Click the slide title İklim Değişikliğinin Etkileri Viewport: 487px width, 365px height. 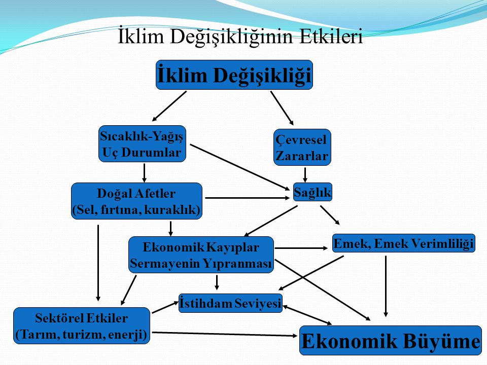(240, 37)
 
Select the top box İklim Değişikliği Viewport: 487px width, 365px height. (234, 75)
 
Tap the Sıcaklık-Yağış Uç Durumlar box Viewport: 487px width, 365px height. (142, 143)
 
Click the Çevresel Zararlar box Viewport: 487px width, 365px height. (302, 148)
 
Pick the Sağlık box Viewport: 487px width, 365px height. (312, 192)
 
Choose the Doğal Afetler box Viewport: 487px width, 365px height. (136, 201)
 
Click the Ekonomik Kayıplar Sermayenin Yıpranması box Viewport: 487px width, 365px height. (201, 255)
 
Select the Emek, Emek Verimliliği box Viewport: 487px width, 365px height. (404, 243)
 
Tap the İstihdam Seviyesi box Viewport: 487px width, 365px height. (230, 303)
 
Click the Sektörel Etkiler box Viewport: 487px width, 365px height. (82, 325)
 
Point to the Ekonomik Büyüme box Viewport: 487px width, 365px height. (391, 341)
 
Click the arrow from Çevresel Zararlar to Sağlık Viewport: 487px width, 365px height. (305, 175)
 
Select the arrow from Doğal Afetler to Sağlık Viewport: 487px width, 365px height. (248, 198)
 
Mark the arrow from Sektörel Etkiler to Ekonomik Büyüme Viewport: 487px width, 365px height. (225, 334)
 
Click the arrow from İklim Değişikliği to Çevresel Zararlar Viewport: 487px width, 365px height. (282, 108)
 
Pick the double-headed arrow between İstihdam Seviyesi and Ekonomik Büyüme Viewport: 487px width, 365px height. (307, 315)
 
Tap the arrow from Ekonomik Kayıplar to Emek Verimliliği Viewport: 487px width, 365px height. (301, 248)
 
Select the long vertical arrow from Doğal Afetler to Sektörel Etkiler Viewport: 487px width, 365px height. (98, 263)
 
